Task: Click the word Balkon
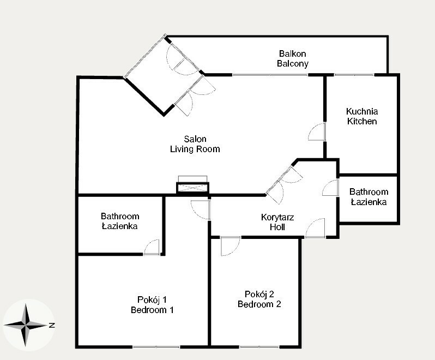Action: coord(292,53)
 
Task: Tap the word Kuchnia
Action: coord(362,111)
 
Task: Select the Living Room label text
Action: coord(195,149)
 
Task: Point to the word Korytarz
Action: coord(277,217)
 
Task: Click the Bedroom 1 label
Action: coord(152,310)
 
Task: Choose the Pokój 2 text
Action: coord(259,294)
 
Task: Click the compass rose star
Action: coord(26,325)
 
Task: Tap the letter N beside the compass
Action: coord(52,325)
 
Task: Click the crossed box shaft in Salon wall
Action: coord(192,188)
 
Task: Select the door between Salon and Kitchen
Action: coord(317,132)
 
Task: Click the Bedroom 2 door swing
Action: coord(230,246)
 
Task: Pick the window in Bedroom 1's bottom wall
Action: coord(156,347)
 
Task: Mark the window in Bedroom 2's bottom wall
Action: coord(259,347)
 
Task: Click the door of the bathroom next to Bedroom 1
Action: coord(152,247)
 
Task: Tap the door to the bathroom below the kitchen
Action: coord(330,188)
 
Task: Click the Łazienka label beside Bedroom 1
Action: coord(119,226)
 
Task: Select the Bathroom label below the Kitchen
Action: coord(368,192)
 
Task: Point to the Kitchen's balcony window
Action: coord(354,75)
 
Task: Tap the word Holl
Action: coord(277,227)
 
